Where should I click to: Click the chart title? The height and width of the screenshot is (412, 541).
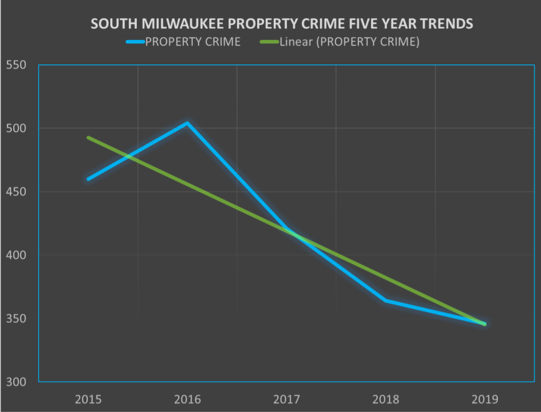coord(282,24)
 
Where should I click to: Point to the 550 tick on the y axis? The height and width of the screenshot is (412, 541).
coord(16,65)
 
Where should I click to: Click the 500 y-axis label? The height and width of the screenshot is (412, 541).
coord(16,128)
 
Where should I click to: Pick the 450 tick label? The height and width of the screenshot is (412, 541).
coord(16,192)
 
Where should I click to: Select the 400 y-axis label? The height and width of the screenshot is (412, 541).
coord(16,255)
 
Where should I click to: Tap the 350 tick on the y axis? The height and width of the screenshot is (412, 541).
coord(16,318)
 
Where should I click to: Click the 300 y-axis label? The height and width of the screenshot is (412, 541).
coord(16,382)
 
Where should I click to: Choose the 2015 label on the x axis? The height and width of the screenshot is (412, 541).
coord(88,398)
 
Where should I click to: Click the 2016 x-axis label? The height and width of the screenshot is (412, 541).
coord(187,398)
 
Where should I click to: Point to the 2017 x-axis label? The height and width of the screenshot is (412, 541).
coord(286,398)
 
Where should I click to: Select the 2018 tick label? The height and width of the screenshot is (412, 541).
coord(386,398)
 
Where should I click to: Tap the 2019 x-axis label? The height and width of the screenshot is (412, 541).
coord(485,398)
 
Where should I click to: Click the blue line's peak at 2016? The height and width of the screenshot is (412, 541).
coord(187,123)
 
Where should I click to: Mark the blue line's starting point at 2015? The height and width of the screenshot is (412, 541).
coord(88,179)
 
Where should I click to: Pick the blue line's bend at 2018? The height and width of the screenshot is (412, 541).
coord(386,301)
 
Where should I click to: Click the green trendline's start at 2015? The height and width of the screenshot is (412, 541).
coord(88,137)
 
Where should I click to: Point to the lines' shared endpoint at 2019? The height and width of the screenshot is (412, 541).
coord(485,324)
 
